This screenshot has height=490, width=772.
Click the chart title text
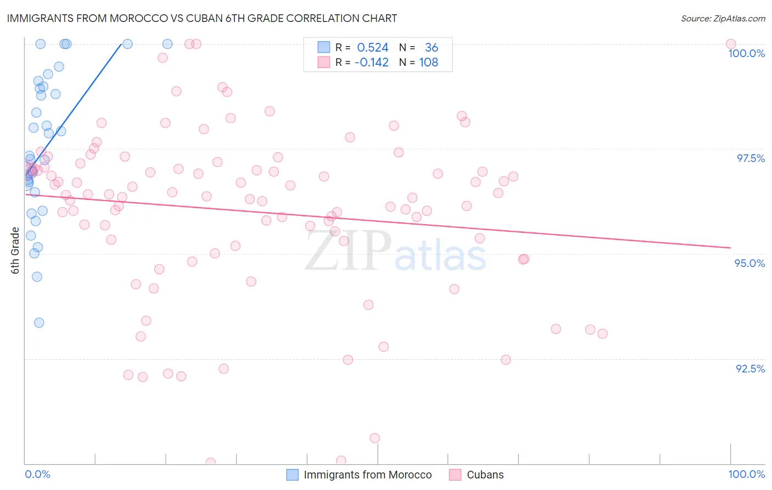tap(202, 18)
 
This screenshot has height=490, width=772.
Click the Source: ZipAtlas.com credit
tap(723, 18)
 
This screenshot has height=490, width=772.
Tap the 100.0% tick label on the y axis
tap(746, 53)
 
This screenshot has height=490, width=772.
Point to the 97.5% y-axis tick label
tap(750, 158)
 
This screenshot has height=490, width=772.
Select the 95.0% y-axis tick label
tap(749, 263)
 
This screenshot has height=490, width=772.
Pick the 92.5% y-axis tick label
tap(750, 369)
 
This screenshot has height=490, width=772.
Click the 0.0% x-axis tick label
tap(37, 474)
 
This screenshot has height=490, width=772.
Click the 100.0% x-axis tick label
tap(746, 474)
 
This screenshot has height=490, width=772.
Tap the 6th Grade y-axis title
tap(15, 250)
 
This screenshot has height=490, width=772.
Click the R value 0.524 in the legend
tap(372, 48)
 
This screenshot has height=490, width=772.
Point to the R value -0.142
tap(371, 63)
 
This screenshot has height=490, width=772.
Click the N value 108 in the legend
tap(428, 63)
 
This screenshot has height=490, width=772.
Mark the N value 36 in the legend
tap(432, 48)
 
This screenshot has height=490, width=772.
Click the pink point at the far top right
tap(730, 44)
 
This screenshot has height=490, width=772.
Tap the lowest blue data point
tap(39, 322)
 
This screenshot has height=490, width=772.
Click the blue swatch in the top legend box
tap(324, 48)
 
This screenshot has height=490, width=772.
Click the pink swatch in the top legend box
tap(324, 63)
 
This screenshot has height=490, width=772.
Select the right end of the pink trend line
tap(730, 248)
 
